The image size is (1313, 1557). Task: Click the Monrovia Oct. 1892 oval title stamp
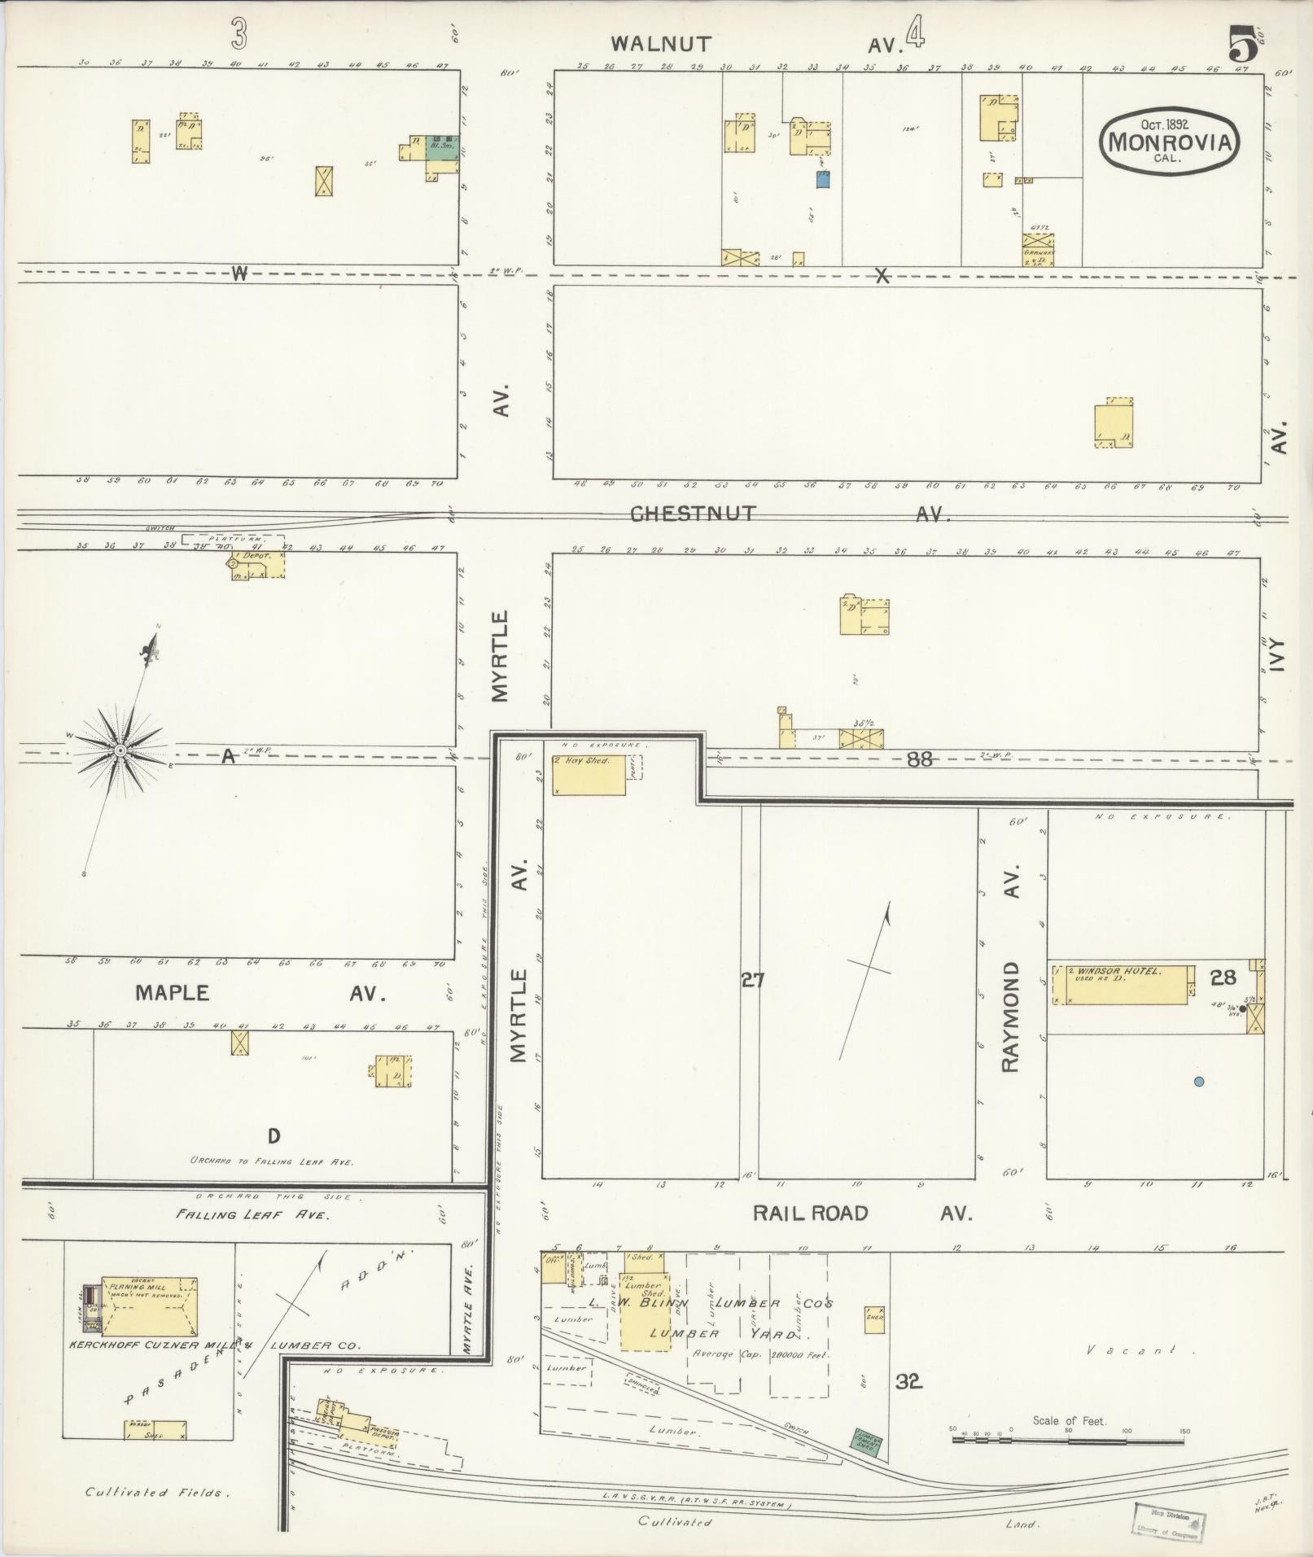pyautogui.click(x=1169, y=140)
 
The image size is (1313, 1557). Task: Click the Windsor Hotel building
pyautogui.click(x=1123, y=985)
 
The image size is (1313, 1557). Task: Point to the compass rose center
pyautogui.click(x=120, y=750)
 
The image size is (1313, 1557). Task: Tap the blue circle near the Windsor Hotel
pyautogui.click(x=1198, y=1082)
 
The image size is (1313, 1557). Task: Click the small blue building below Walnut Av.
pyautogui.click(x=823, y=179)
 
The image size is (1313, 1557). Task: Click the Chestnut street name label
pyautogui.click(x=694, y=514)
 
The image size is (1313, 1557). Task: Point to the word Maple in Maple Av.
pyautogui.click(x=173, y=993)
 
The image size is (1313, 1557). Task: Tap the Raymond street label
pyautogui.click(x=1010, y=1017)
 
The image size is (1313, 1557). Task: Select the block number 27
pyautogui.click(x=752, y=981)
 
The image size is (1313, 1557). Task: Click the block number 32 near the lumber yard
pyautogui.click(x=908, y=1380)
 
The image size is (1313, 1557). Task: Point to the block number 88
pyautogui.click(x=920, y=759)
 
